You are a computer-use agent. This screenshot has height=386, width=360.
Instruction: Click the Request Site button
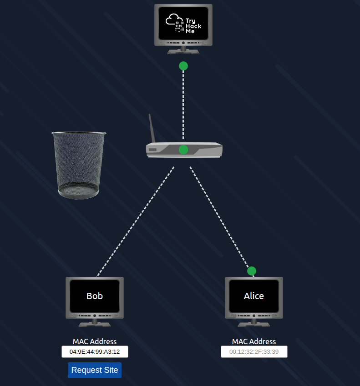[x=95, y=370]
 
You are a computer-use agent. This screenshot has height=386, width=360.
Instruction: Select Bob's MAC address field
[x=95, y=352]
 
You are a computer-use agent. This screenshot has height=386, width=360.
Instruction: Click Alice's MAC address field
[x=254, y=352]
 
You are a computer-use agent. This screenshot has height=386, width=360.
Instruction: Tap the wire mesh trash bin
[x=79, y=165]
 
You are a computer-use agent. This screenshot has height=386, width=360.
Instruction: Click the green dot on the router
[x=183, y=150]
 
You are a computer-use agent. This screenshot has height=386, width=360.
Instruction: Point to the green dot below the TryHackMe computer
[x=183, y=66]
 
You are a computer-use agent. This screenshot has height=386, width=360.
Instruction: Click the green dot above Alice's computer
[x=252, y=271]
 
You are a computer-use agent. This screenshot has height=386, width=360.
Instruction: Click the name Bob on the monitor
[x=95, y=296]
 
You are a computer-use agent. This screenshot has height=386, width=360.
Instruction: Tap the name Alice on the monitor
[x=254, y=296]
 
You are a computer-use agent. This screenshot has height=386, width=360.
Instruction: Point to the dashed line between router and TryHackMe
[x=183, y=105]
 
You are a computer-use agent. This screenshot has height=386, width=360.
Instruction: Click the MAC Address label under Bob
[x=95, y=341]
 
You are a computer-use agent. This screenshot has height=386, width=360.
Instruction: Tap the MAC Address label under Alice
[x=254, y=341]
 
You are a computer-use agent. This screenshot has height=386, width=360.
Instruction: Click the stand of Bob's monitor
[x=95, y=322]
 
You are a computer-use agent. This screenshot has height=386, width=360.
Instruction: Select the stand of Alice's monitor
[x=254, y=322]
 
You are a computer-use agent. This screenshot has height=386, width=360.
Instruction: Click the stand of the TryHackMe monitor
[x=183, y=50]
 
